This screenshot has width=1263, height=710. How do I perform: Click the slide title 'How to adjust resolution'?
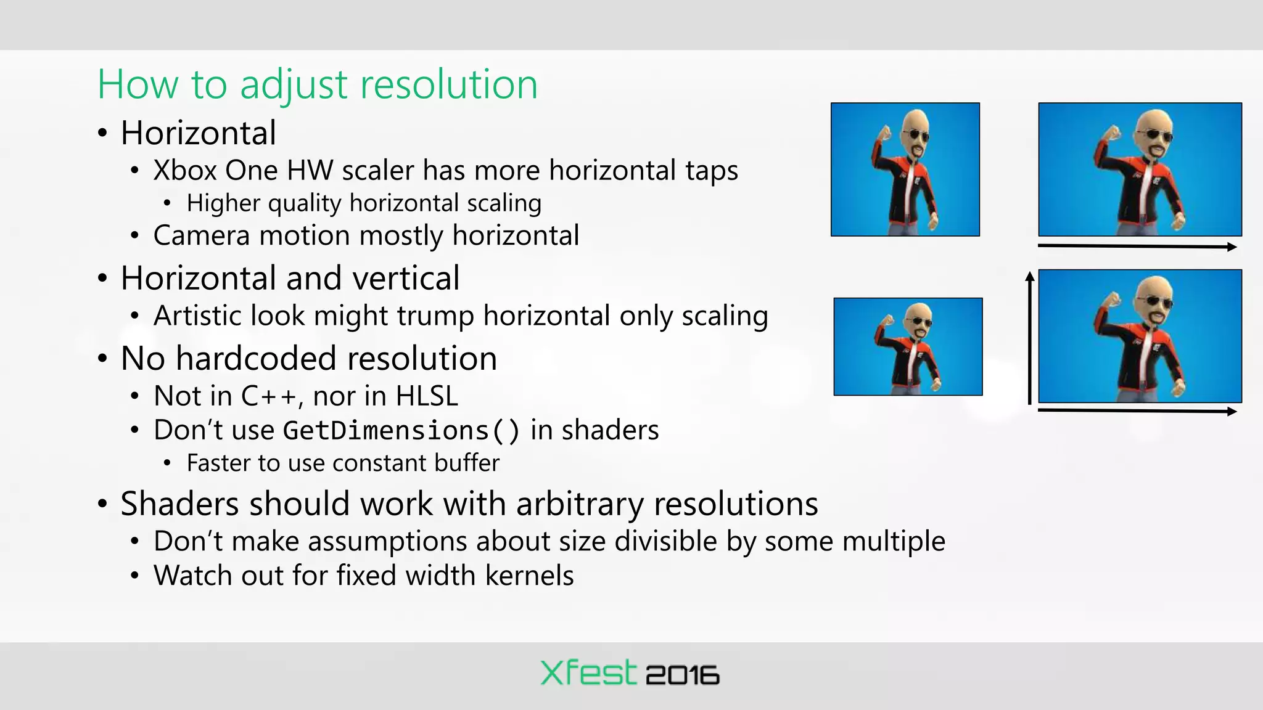pos(318,84)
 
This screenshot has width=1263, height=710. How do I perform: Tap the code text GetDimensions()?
pos(401,431)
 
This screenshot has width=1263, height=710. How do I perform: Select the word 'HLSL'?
pos(427,396)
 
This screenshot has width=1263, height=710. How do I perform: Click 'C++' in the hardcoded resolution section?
pos(269,396)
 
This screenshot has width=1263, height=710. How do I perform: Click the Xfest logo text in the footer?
pos(588,673)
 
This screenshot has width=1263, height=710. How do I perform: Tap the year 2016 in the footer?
pos(682,675)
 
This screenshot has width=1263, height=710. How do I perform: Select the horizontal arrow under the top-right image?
pos(1137,247)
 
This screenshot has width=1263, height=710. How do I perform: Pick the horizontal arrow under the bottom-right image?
pos(1137,410)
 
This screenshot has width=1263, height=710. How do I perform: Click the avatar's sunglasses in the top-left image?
pos(916,136)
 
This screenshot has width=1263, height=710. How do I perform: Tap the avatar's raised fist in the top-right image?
pos(1113,133)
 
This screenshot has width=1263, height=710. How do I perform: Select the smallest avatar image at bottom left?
pos(908,347)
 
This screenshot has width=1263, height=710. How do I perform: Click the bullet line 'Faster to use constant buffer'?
pos(343,463)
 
